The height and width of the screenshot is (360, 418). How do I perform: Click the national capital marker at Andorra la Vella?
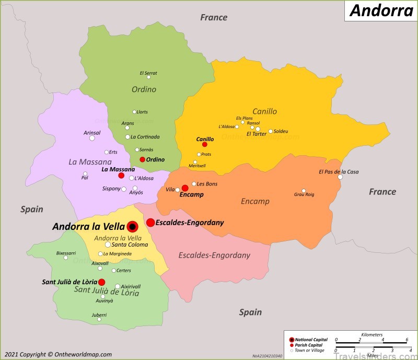coord(132,226)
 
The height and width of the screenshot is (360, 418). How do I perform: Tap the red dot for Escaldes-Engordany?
coord(150,223)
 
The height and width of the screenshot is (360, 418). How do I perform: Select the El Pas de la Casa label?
coord(339,172)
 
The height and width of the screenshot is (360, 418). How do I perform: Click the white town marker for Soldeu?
coord(271,131)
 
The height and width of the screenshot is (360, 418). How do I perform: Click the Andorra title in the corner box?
coord(381,10)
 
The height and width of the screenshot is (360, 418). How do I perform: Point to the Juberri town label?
coord(99,315)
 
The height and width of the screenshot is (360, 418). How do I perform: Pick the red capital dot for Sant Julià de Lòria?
coord(102,282)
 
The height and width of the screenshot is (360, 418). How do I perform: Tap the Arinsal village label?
coord(92,133)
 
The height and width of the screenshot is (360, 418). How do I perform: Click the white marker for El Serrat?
coord(148,77)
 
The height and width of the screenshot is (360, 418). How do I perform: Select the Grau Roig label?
coord(304,194)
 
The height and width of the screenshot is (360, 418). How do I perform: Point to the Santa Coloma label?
coord(129,245)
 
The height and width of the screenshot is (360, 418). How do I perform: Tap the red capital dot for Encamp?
coord(185,188)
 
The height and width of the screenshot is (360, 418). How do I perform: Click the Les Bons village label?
coord(207,184)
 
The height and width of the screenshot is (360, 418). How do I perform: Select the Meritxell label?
coord(196,166)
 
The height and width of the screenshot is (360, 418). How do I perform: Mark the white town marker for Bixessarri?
coord(66,258)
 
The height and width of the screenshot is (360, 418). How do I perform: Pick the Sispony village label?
coord(111,189)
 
